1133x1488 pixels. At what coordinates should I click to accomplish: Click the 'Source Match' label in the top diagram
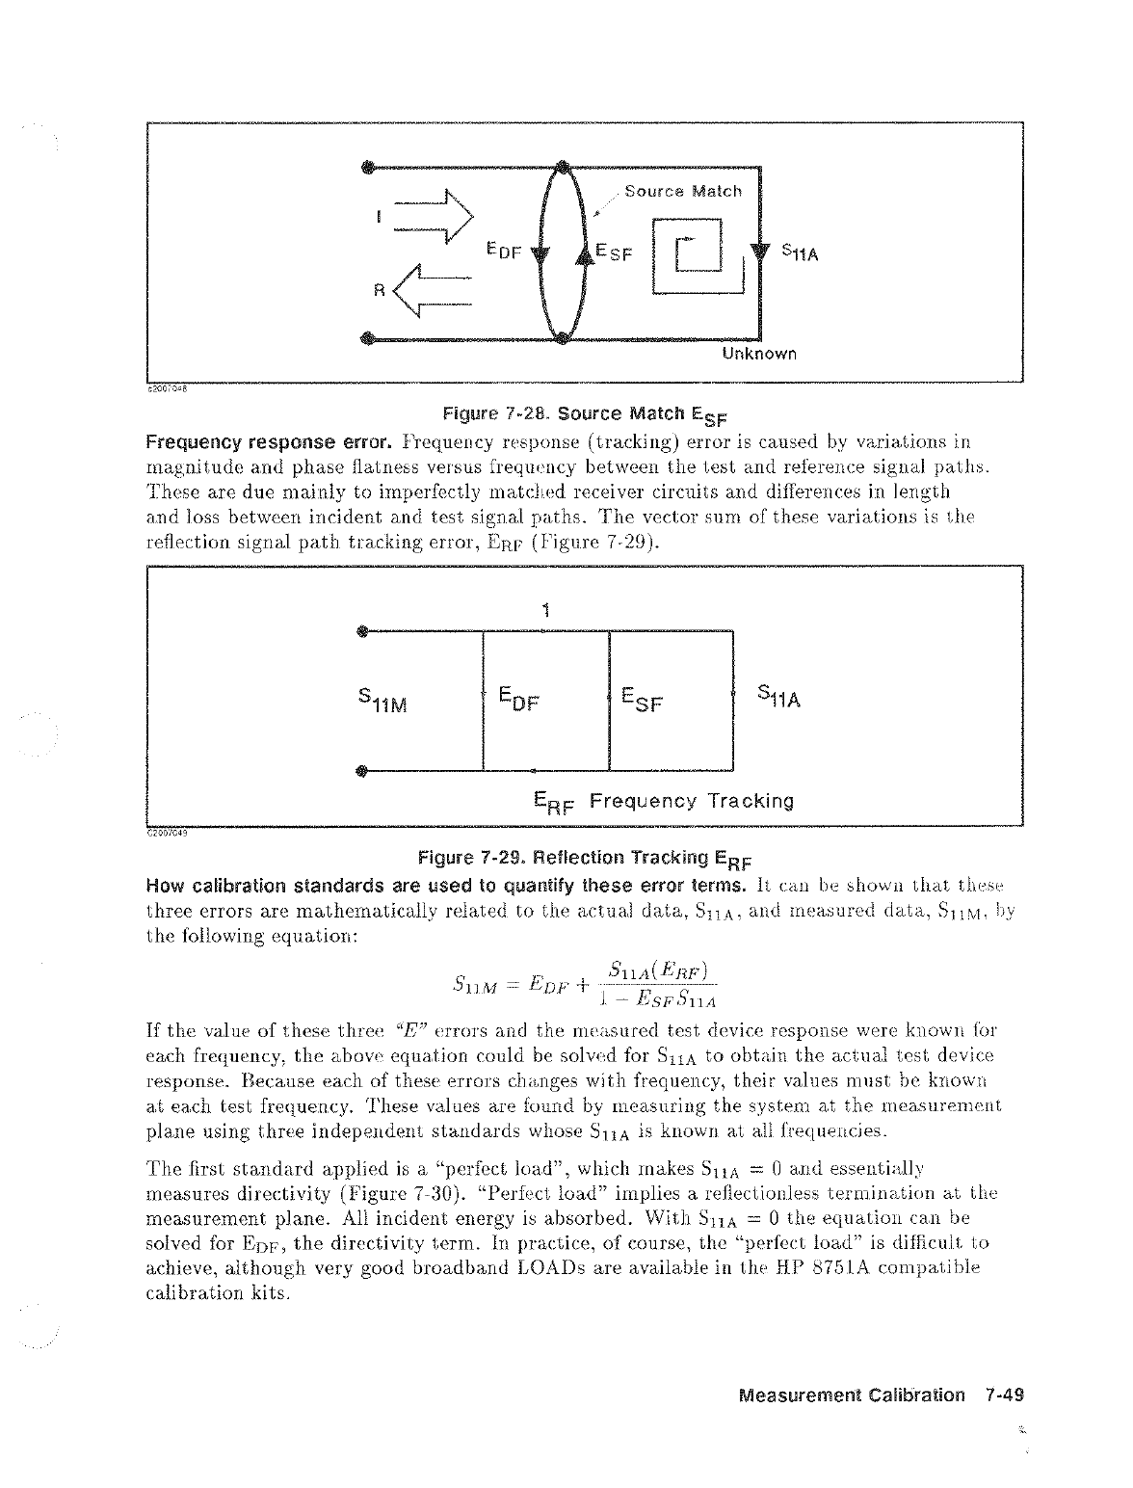tap(683, 191)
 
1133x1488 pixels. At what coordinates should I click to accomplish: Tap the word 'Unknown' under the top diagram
tap(759, 354)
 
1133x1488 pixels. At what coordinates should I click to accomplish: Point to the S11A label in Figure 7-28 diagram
tap(800, 253)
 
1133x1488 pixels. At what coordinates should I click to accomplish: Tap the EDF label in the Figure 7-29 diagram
tap(517, 697)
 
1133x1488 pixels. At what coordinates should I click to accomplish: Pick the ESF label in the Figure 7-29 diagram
tap(643, 697)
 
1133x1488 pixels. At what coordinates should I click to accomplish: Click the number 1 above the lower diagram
tap(545, 609)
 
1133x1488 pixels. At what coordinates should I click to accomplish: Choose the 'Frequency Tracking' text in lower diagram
tap(691, 802)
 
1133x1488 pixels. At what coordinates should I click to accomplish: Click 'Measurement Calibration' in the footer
tap(852, 1395)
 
